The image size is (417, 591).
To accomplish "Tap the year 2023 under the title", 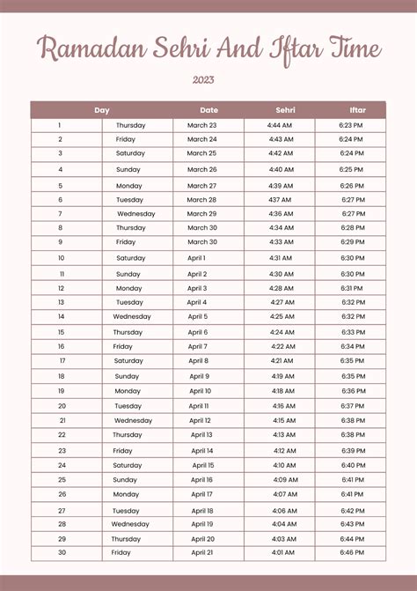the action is click(x=203, y=80).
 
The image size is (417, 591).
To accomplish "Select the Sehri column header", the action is click(x=285, y=110).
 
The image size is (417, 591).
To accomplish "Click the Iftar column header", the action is click(x=357, y=110).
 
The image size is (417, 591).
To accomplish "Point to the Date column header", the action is click(x=208, y=110).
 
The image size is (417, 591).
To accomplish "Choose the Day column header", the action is click(x=102, y=110).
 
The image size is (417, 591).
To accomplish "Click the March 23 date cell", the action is click(x=201, y=125).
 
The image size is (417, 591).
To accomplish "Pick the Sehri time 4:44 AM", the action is click(x=281, y=125).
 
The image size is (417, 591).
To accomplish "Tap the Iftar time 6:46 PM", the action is click(x=352, y=552).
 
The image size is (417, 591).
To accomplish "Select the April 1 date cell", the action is click(x=197, y=258).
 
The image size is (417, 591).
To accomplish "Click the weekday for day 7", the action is click(x=135, y=213).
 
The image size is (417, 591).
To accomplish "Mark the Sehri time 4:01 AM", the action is click(x=283, y=552).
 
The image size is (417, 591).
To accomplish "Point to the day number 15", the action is click(x=61, y=332).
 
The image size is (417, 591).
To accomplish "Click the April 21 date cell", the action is click(x=202, y=552).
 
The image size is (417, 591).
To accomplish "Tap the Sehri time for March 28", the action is click(x=281, y=199).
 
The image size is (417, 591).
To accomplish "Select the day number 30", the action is click(x=62, y=552).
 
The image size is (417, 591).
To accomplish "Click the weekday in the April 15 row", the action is click(x=127, y=465).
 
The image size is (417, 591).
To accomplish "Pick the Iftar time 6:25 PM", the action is click(x=352, y=169).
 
